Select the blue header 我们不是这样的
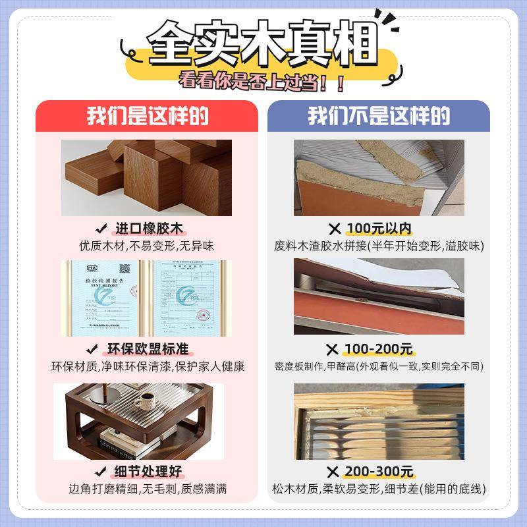pyautogui.click(x=379, y=117)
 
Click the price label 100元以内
pyautogui.click(x=379, y=229)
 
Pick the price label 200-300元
pyautogui.click(x=379, y=471)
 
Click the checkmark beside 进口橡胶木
pyautogui.click(x=101, y=229)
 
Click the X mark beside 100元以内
pyautogui.click(x=335, y=229)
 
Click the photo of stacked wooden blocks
pyautogui.click(x=147, y=178)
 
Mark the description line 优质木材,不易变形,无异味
pyautogui.click(x=147, y=246)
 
